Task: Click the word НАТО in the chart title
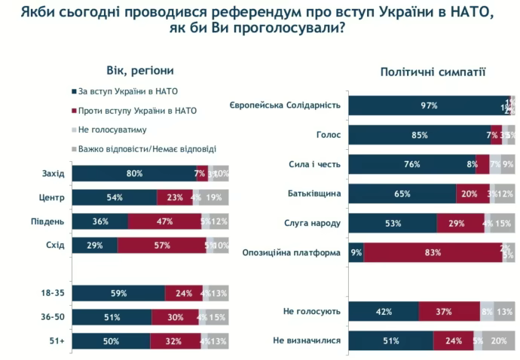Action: pos(470,13)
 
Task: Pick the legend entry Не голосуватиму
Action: pos(109,130)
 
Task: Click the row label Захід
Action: pos(53,174)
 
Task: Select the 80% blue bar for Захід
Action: pos(133,174)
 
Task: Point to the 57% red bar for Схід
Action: pos(161,246)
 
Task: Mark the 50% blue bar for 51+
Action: pos(110,340)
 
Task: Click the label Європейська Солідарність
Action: pos(286,105)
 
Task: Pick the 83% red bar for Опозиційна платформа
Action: pos(433,252)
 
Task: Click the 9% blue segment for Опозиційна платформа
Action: pos(356,252)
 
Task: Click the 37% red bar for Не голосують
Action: pos(449,310)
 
